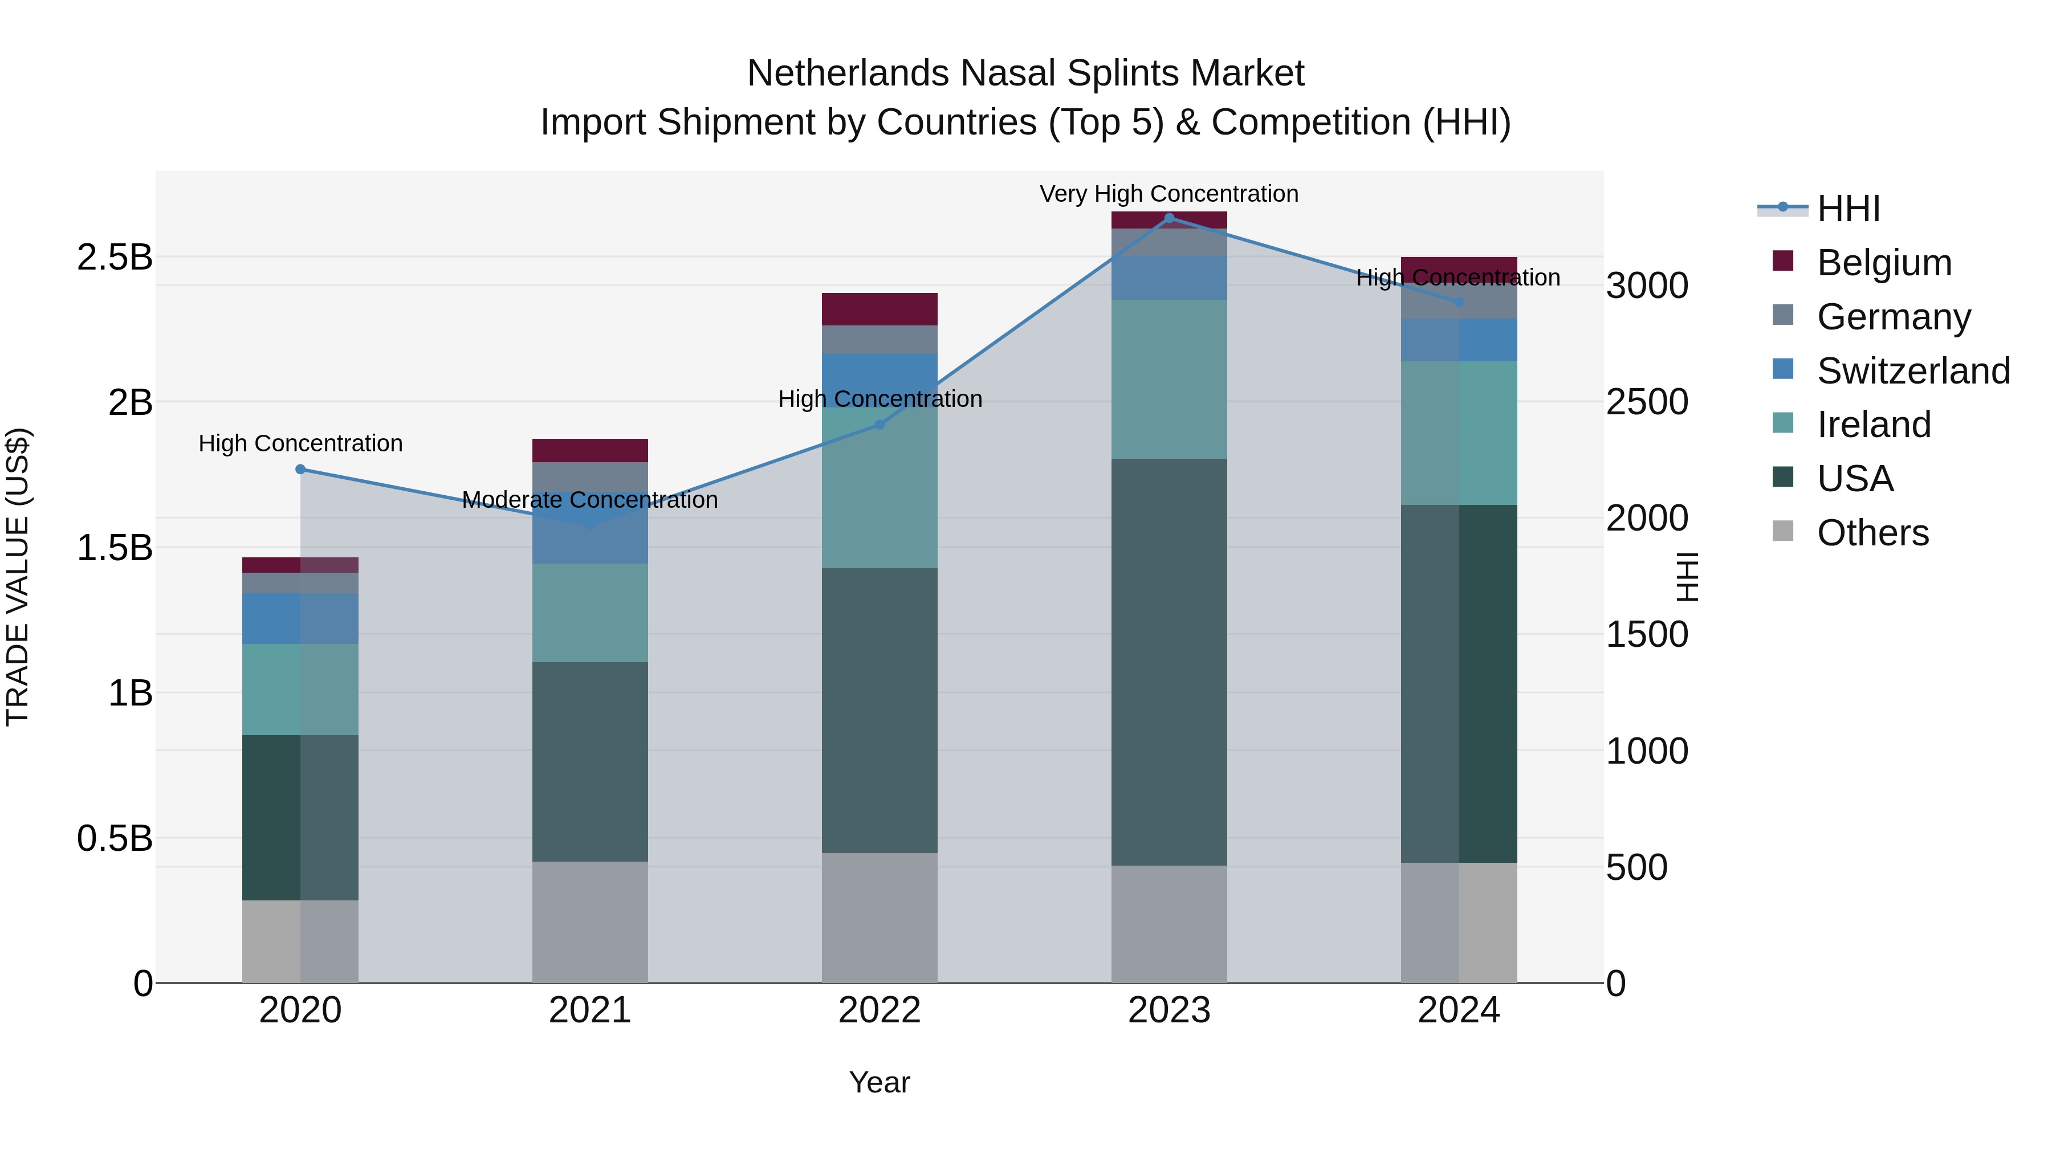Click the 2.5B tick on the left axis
[115, 257]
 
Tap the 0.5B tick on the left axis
[115, 838]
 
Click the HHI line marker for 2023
[1170, 218]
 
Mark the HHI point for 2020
[300, 469]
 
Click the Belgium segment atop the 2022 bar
[880, 309]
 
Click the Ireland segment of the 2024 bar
[1459, 433]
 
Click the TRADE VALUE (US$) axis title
[18, 577]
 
